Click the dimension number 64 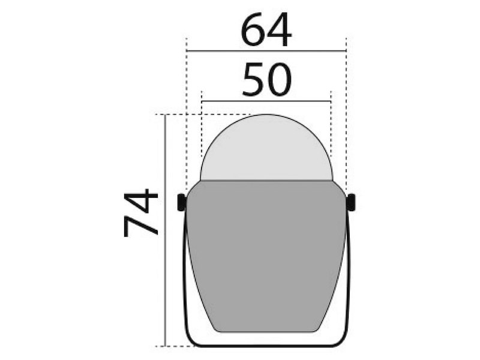(266, 31)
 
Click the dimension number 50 (266, 80)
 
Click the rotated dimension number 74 (141, 212)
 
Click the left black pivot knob (181, 202)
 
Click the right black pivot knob (351, 202)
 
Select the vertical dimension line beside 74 (164, 270)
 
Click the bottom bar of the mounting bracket (266, 345)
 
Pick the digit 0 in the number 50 (280, 80)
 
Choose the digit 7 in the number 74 (141, 226)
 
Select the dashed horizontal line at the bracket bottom (174, 346)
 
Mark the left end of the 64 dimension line (187, 52)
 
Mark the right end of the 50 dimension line (331, 101)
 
